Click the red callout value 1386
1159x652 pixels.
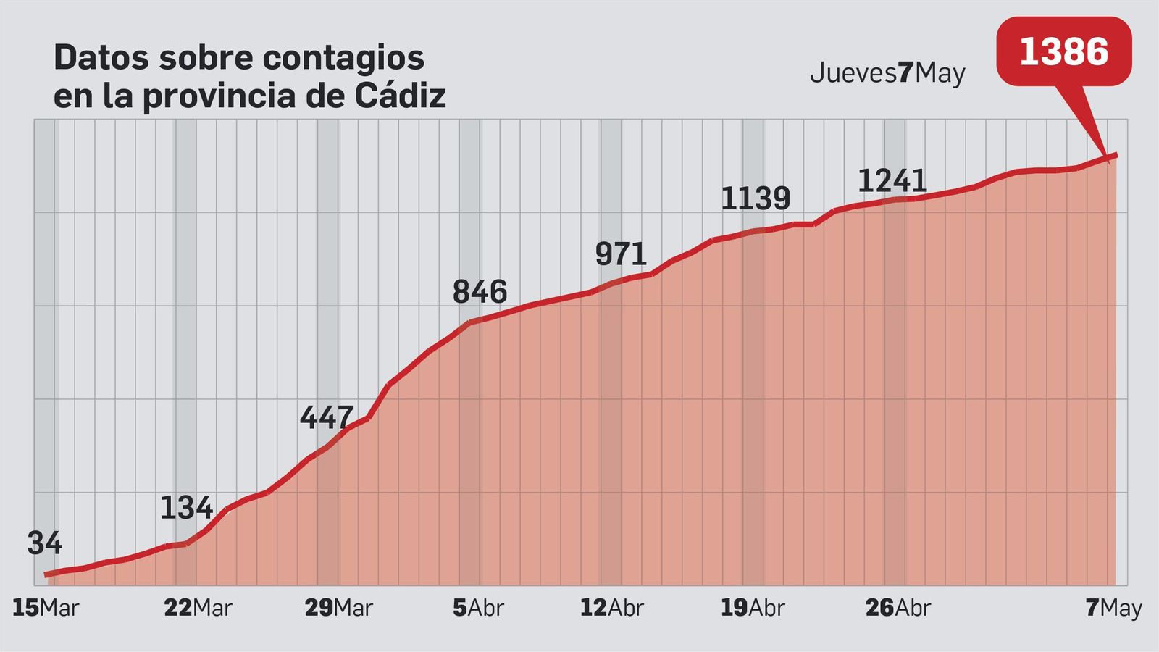[x=1063, y=52]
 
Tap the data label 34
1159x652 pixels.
[x=45, y=543]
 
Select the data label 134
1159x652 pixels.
[x=186, y=508]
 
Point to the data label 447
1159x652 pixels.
[x=327, y=417]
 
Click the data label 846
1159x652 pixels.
[x=480, y=292]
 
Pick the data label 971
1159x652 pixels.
[x=621, y=254]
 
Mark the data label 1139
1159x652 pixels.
[x=756, y=198]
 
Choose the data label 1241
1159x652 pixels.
[x=892, y=181]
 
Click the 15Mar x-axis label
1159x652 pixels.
[x=45, y=608]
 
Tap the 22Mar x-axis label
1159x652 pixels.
[x=198, y=608]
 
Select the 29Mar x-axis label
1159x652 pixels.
[x=338, y=608]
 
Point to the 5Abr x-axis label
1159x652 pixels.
[x=478, y=608]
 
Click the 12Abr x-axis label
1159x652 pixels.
[x=611, y=608]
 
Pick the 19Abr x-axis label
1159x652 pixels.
[x=753, y=608]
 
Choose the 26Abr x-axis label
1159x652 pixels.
[x=898, y=608]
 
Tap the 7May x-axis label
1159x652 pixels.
[x=1113, y=608]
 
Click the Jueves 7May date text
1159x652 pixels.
[x=887, y=73]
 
